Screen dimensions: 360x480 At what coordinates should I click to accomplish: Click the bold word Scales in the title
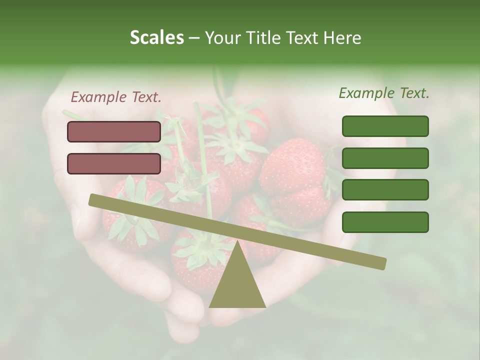tap(156, 37)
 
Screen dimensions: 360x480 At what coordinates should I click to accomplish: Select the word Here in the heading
tap(342, 37)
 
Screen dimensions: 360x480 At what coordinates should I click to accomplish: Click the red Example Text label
tap(116, 97)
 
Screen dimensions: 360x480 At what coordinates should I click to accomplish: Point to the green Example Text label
tap(384, 93)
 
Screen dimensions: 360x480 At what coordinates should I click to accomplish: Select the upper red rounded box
tap(114, 131)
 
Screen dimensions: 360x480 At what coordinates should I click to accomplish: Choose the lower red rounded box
tap(114, 163)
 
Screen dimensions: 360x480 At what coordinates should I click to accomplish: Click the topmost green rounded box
tap(385, 126)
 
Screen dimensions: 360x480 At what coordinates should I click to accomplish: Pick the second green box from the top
tap(385, 158)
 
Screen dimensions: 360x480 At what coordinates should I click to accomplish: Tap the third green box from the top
tap(385, 189)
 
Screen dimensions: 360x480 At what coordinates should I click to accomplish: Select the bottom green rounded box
tap(385, 222)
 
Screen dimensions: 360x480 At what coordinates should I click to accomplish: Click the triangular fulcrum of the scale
tap(237, 282)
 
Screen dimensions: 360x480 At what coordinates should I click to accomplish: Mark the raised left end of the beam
tap(93, 199)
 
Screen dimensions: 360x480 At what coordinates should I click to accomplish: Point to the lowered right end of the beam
tap(382, 263)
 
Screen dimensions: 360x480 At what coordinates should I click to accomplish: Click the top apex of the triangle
tap(237, 242)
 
